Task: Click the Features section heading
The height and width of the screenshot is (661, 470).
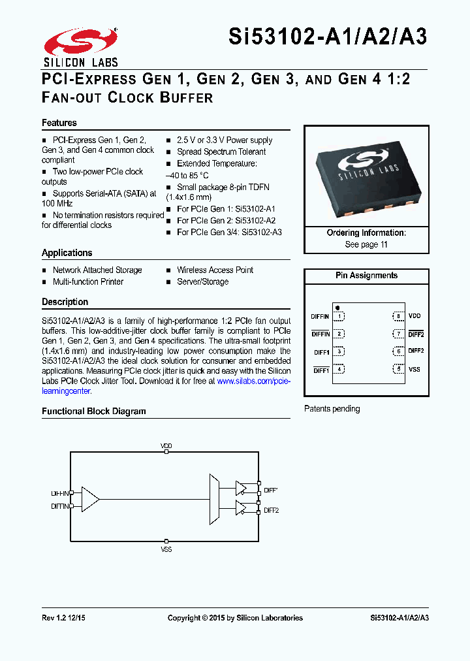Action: click(x=59, y=123)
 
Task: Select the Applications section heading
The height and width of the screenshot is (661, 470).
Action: click(x=67, y=253)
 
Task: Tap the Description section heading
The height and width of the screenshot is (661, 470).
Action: click(x=65, y=302)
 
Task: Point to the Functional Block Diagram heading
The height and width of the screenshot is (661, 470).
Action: click(x=94, y=411)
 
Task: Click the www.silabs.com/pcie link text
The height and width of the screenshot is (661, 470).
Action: click(x=253, y=381)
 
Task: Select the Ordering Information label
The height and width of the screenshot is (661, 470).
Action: click(x=366, y=233)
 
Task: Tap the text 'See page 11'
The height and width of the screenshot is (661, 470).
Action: click(x=366, y=244)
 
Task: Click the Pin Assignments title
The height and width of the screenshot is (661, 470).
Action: click(x=366, y=276)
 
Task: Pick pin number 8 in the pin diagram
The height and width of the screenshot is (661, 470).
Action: click(x=398, y=316)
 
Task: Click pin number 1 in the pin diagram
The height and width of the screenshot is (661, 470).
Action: click(x=339, y=316)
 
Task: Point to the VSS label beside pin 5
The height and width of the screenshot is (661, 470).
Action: click(x=415, y=370)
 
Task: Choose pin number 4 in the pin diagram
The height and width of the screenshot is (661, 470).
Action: click(x=339, y=370)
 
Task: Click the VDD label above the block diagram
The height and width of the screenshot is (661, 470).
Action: click(x=166, y=446)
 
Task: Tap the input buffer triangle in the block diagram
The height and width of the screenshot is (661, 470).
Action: click(x=90, y=499)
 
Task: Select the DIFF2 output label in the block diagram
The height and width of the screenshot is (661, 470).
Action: click(x=272, y=510)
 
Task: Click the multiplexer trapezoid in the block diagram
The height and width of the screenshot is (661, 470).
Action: click(x=213, y=499)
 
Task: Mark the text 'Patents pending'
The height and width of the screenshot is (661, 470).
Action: click(x=332, y=409)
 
